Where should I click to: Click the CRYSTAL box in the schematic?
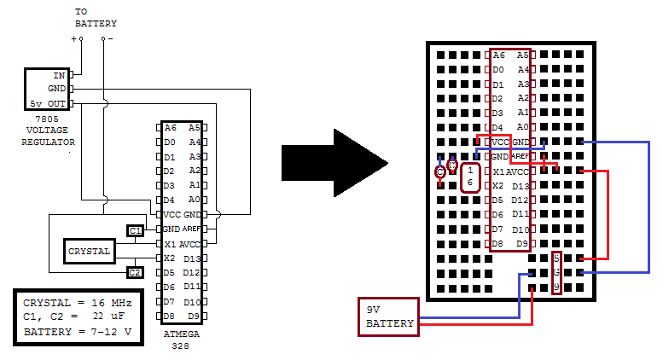pos(90,252)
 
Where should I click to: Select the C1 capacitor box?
pos(135,230)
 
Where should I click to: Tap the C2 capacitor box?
pos(135,272)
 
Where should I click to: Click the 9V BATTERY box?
pos(388,316)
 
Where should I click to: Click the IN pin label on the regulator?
pos(59,75)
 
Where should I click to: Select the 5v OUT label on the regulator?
pos(47,103)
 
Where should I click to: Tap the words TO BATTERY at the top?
pos(96,18)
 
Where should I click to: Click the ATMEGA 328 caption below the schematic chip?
pos(181,340)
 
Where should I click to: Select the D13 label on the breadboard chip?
pos(521,186)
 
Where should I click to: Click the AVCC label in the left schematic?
pos(189,244)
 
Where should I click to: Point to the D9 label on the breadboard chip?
pos(522,243)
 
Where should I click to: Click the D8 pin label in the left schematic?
pos(170,316)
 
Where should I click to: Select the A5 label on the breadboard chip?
pos(523,55)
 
